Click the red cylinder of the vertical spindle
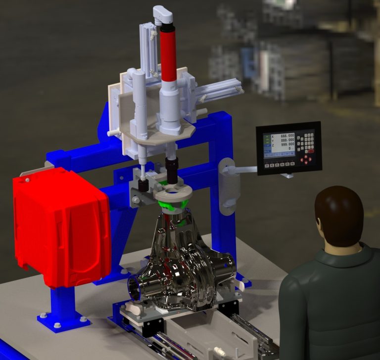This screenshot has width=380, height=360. point(169,54)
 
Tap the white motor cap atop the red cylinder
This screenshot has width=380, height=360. point(163,14)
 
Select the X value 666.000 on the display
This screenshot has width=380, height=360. point(286,135)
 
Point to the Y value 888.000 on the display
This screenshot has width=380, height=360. point(286,140)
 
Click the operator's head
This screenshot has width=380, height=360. point(339,215)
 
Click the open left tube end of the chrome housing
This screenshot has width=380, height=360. point(136,287)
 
